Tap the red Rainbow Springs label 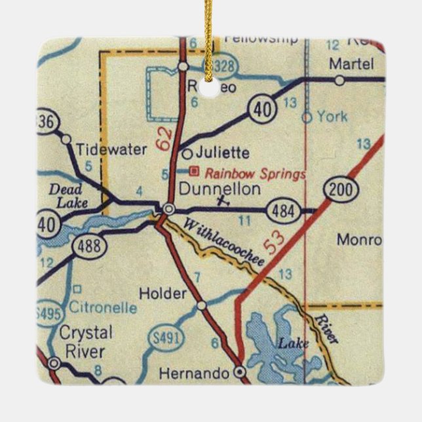(255, 174)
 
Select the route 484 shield (283, 211)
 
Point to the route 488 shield (87, 246)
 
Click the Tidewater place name (111, 149)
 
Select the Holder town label (164, 294)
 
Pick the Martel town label (351, 64)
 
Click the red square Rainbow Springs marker (193, 172)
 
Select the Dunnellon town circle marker (169, 208)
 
